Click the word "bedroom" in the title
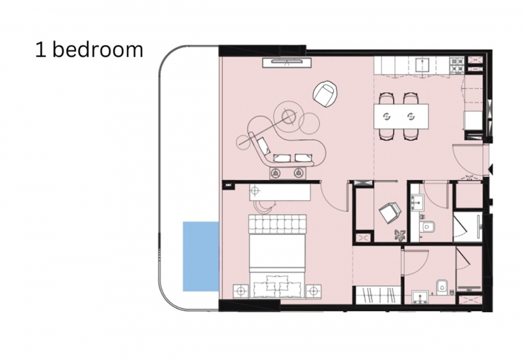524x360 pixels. coord(97,50)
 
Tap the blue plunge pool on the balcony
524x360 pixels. coord(201,256)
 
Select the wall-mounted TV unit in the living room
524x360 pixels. coord(287,62)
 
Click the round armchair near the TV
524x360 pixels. coord(325,94)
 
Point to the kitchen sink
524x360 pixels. coord(422,65)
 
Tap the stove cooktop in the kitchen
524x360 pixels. coord(457,65)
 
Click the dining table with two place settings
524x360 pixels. coord(401,117)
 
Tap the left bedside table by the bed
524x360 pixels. coord(241,291)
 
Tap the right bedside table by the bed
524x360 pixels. coord(314,291)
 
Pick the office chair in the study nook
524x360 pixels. coord(390,213)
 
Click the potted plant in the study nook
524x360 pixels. coord(400,234)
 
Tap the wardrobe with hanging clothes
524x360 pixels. coord(378,295)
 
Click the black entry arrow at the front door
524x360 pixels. coord(490,169)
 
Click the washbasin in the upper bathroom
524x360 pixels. coord(417,202)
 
